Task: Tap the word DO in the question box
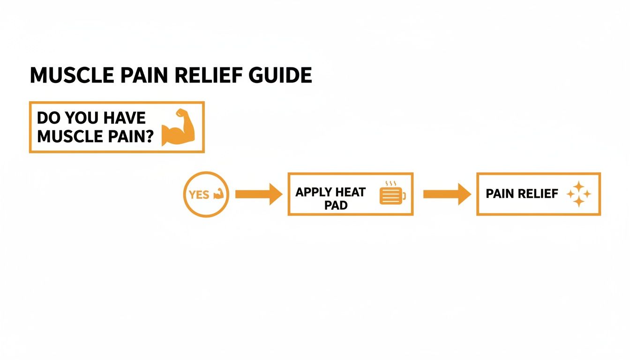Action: [x=47, y=118]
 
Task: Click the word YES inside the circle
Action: [x=199, y=195]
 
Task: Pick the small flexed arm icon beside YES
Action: [x=218, y=194]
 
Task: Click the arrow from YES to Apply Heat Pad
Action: [x=258, y=194]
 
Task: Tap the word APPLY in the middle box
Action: [x=314, y=192]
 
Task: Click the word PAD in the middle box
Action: [x=336, y=206]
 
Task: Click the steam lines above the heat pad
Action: [x=390, y=184]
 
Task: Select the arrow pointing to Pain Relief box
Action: [x=447, y=194]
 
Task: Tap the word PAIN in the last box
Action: [x=501, y=194]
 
